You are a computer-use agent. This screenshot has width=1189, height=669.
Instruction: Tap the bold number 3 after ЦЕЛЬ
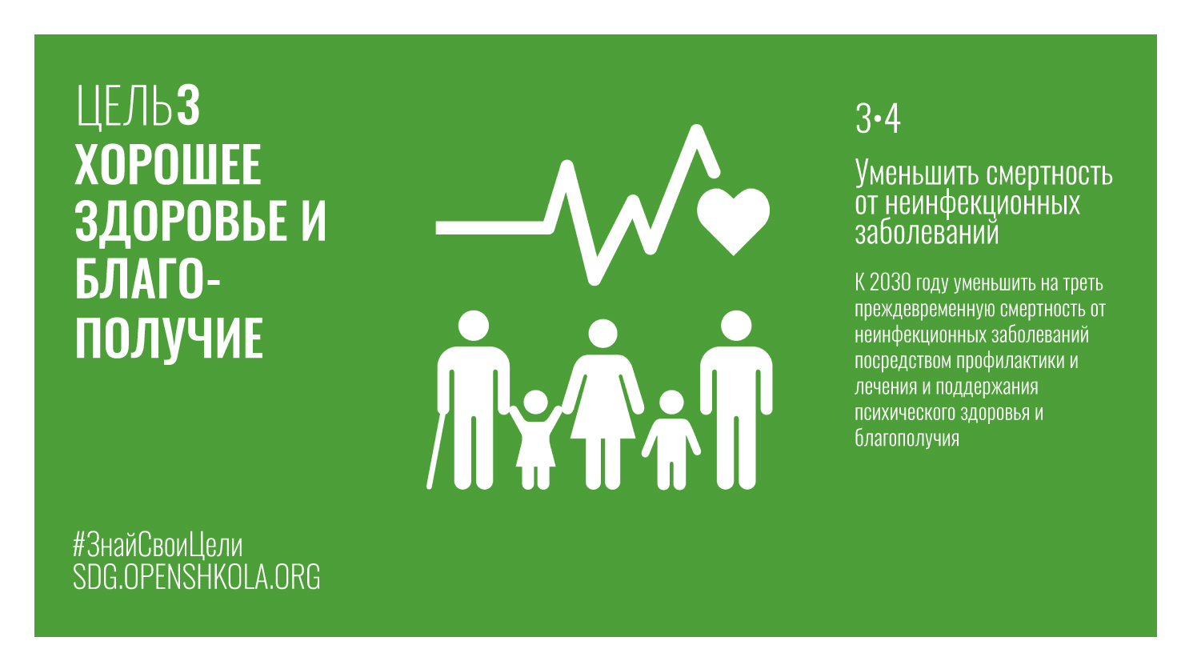pyautogui.click(x=188, y=106)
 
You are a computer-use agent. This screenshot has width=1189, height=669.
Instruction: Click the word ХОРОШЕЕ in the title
pyautogui.click(x=168, y=165)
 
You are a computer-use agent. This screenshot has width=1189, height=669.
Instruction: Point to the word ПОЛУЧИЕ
pyautogui.click(x=170, y=339)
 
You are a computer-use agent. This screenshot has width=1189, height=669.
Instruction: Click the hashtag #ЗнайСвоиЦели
pyautogui.click(x=158, y=545)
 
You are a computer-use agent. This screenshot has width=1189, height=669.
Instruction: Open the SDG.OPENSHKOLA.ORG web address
pyautogui.click(x=196, y=576)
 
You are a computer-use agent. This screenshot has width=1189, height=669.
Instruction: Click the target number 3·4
pyautogui.click(x=878, y=119)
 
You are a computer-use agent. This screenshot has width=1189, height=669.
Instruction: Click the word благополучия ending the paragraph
pyautogui.click(x=907, y=438)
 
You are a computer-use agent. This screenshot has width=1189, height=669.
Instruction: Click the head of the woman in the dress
pyautogui.click(x=603, y=334)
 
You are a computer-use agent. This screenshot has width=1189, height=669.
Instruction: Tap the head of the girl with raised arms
pyautogui.click(x=535, y=403)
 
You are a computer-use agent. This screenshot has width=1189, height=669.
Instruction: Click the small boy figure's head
pyautogui.click(x=671, y=403)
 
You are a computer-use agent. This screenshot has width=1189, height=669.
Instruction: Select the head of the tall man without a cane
pyautogui.click(x=736, y=326)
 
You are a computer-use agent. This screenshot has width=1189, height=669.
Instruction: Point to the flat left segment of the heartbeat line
pyautogui.click(x=492, y=227)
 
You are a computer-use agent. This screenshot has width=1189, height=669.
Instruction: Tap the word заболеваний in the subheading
pyautogui.click(x=927, y=233)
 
